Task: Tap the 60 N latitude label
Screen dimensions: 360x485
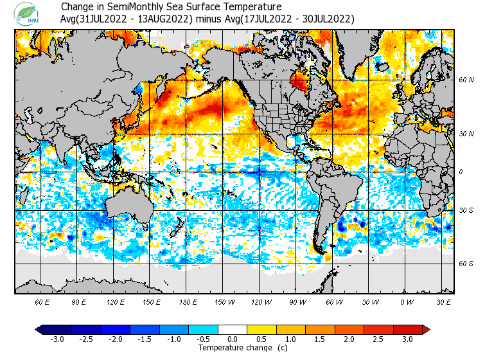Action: click(x=466, y=80)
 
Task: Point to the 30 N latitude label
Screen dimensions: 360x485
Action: click(x=466, y=134)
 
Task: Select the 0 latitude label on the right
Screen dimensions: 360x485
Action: click(x=461, y=172)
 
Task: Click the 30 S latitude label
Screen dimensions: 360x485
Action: click(x=466, y=210)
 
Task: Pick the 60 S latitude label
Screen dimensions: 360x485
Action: click(x=466, y=264)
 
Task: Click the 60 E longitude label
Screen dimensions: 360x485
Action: click(x=42, y=301)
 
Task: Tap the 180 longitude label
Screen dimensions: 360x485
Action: click(x=189, y=301)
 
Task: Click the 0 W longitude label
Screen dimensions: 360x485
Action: click(x=406, y=301)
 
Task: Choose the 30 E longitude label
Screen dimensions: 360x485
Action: click(x=444, y=301)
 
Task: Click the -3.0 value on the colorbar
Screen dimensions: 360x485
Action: click(x=57, y=339)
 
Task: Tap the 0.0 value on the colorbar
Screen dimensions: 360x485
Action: click(x=233, y=339)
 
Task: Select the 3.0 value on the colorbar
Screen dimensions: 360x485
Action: click(x=407, y=339)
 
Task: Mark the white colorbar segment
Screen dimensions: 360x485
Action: click(x=233, y=329)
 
